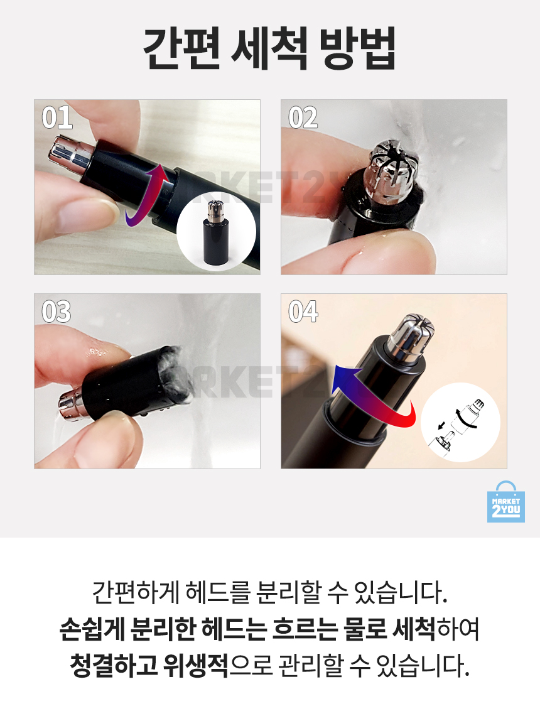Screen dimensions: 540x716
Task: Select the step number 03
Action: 57,312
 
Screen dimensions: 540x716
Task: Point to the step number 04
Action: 303,312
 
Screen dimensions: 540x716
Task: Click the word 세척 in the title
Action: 269,48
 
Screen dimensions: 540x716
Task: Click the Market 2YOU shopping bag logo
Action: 505,501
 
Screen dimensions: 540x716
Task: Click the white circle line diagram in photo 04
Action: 460,422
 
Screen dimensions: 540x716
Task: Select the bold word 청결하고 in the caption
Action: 113,665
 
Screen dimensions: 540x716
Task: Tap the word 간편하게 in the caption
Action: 135,592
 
